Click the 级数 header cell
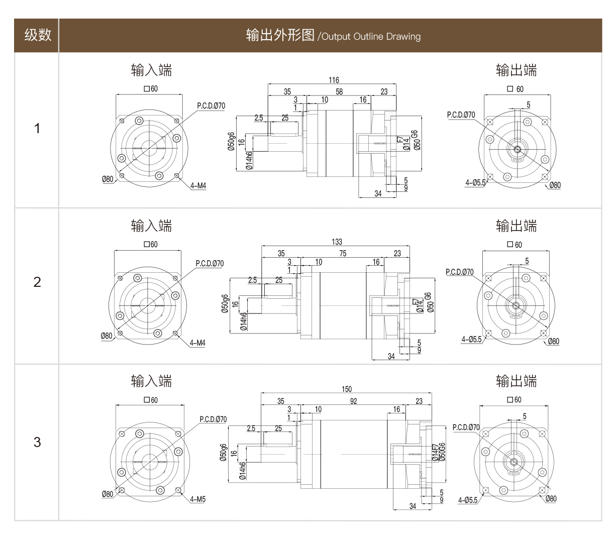click(37, 35)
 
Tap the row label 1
click(37, 129)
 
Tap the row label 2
click(37, 282)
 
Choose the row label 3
click(37, 443)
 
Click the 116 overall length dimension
click(334, 80)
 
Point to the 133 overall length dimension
click(337, 242)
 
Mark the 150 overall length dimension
click(346, 389)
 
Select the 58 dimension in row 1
click(339, 91)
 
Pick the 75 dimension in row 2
click(342, 254)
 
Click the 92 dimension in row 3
click(353, 401)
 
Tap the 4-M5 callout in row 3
click(198, 499)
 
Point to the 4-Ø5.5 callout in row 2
click(471, 340)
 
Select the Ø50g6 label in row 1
click(231, 142)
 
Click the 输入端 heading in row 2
click(151, 226)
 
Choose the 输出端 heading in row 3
click(516, 381)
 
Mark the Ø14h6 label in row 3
click(243, 471)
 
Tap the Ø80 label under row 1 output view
click(555, 185)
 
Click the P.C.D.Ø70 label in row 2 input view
click(210, 263)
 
